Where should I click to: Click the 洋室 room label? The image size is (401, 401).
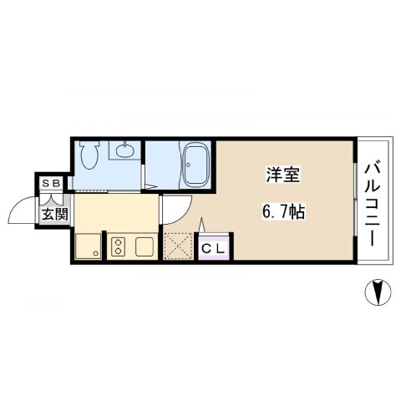pyautogui.click(x=282, y=175)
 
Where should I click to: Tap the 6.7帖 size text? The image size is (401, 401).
pyautogui.click(x=283, y=212)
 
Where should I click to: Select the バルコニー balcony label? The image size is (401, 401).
pyautogui.click(x=373, y=205)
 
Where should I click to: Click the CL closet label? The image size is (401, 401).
pyautogui.click(x=213, y=249)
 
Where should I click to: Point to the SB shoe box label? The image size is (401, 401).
pyautogui.click(x=51, y=183)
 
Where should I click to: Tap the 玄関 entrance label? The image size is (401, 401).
pyautogui.click(x=55, y=214)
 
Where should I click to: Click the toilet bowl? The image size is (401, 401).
pyautogui.click(x=89, y=155)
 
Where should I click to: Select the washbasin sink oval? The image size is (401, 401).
pyautogui.click(x=125, y=151)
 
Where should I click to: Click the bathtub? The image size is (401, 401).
pyautogui.click(x=195, y=165)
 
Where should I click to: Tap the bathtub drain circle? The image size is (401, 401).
pyautogui.click(x=189, y=165)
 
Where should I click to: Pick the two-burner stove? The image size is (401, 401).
pyautogui.click(x=118, y=246)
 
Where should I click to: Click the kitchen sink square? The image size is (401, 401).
pyautogui.click(x=145, y=246)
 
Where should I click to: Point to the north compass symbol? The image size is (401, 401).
pyautogui.click(x=378, y=292)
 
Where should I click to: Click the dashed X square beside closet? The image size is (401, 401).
pyautogui.click(x=178, y=246)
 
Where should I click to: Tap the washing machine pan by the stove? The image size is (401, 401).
pyautogui.click(x=88, y=246)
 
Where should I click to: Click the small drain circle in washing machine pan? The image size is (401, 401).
pyautogui.click(x=96, y=253)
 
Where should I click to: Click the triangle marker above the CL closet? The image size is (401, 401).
pyautogui.click(x=202, y=225)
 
